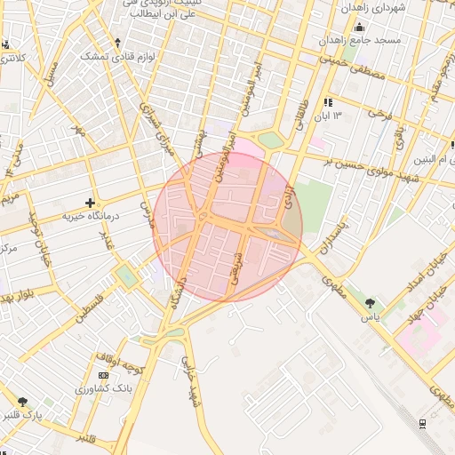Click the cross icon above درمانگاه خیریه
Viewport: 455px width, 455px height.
(x=89, y=203)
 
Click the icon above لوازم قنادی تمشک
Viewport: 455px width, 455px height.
(x=117, y=42)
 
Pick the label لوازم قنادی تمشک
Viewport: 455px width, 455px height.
(x=118, y=55)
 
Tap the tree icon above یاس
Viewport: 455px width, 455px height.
(x=370, y=304)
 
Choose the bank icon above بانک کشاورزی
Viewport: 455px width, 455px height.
(x=104, y=376)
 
